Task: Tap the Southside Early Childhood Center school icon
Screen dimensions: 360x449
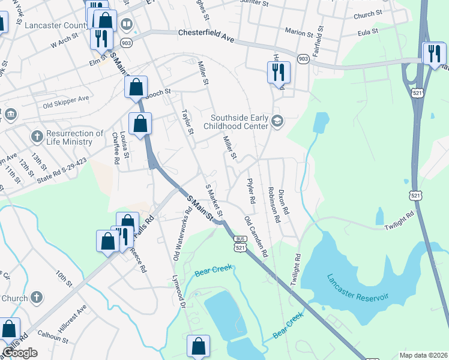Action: click(x=277, y=121)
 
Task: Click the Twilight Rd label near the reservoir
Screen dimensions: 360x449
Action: click(x=399, y=217)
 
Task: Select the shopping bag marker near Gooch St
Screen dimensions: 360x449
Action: click(x=136, y=87)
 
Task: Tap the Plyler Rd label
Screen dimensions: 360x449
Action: click(x=251, y=190)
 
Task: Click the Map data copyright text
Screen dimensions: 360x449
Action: click(x=424, y=355)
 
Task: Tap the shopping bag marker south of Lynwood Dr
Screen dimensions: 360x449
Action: click(x=198, y=346)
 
